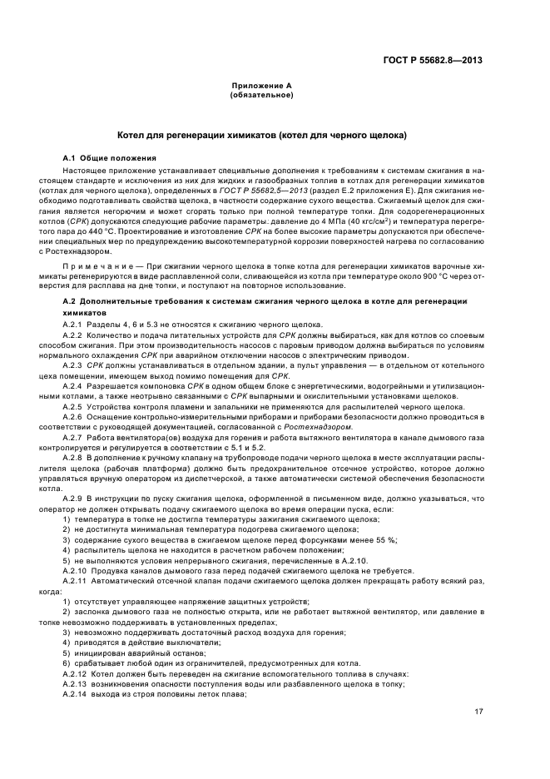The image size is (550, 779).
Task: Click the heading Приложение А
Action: tap(260, 86)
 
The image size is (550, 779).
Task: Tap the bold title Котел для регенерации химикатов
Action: tap(260, 134)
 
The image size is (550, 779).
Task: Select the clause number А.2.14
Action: tap(76, 692)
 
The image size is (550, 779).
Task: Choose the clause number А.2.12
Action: tap(76, 672)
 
